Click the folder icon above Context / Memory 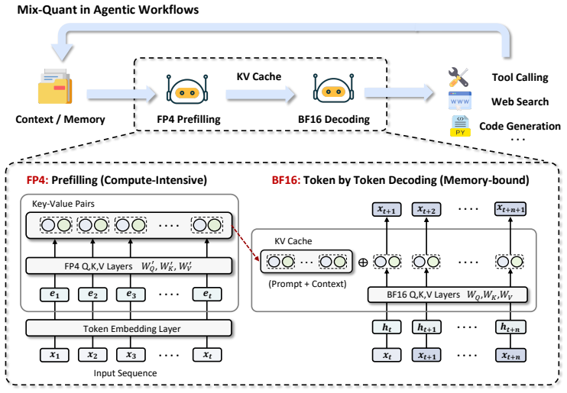(55, 86)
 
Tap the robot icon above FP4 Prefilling (187, 89)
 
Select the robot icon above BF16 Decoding (333, 89)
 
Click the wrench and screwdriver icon (458, 77)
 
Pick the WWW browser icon (459, 101)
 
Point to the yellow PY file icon (460, 126)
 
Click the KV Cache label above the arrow (259, 76)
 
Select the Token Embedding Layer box (128, 328)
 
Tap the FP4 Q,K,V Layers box (128, 266)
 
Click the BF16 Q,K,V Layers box (447, 295)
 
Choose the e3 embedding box (131, 295)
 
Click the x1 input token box (54, 355)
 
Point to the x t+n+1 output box (510, 209)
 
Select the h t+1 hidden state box (426, 327)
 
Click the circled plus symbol (363, 263)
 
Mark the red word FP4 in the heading (37, 180)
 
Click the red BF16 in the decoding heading (286, 180)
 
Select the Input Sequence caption (125, 373)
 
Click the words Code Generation (520, 126)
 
